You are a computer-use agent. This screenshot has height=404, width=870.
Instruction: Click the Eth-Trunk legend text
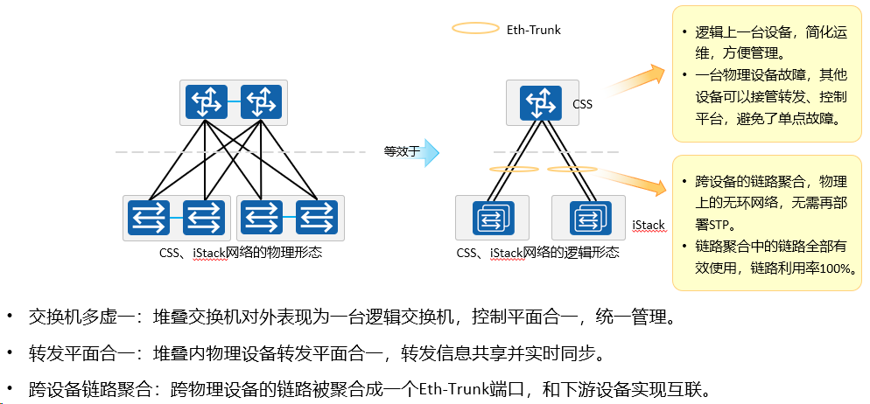tap(534, 30)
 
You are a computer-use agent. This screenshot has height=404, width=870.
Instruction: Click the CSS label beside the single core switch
tap(583, 104)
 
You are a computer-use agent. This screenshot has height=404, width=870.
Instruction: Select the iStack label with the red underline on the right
tap(649, 225)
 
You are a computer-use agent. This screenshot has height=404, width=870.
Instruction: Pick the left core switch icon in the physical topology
tap(207, 102)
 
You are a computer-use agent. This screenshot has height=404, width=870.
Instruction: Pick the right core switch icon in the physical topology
tap(262, 102)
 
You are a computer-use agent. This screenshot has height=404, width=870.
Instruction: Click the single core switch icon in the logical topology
tap(541, 103)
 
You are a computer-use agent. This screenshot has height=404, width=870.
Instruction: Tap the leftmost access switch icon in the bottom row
tap(149, 217)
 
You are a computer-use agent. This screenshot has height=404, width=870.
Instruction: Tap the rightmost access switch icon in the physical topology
tap(317, 217)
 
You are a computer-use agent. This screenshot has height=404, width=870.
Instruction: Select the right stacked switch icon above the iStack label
tap(590, 218)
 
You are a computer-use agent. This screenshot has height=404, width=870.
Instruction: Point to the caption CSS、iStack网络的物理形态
tap(240, 253)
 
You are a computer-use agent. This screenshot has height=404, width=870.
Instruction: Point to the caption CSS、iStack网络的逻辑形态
tap(537, 253)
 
